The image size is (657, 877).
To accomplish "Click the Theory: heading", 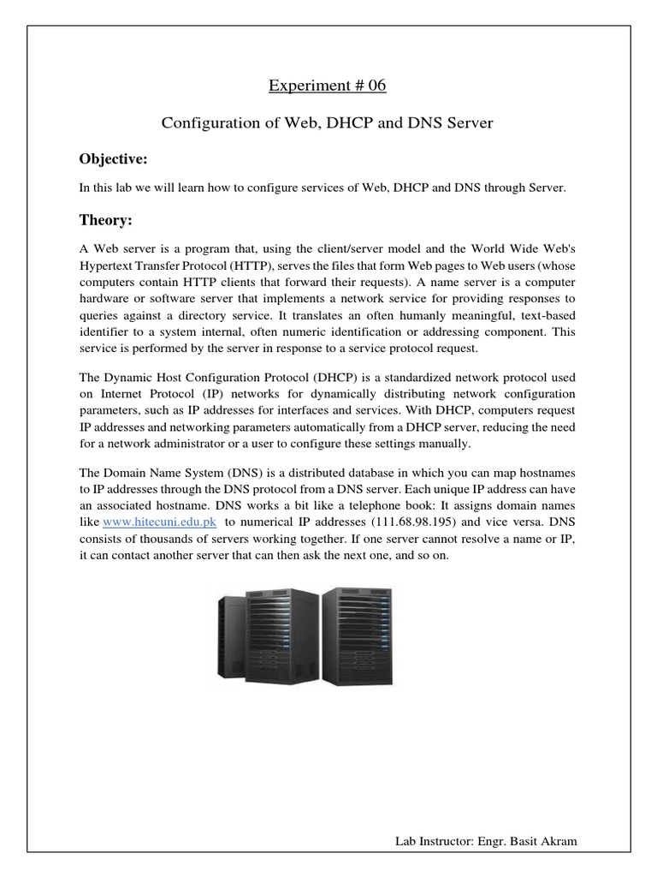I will [106, 221].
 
